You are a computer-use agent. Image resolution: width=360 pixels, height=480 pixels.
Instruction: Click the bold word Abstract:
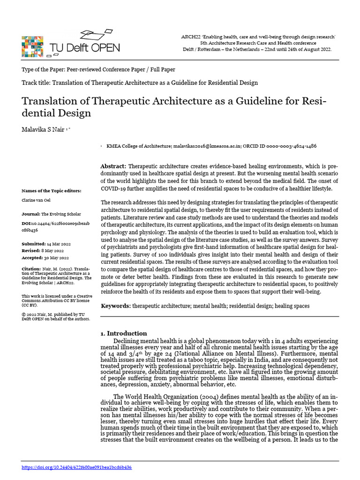(x=113, y=167)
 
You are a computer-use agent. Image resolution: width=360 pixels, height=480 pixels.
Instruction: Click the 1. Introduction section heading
(x=124, y=333)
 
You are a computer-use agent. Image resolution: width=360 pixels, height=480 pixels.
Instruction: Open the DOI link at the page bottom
(x=77, y=467)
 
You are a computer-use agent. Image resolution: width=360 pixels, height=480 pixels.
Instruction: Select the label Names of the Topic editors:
(x=51, y=191)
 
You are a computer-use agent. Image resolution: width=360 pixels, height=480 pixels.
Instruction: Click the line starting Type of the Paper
(x=98, y=69)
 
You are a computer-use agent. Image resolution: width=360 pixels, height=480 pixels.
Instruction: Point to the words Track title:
(x=36, y=83)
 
